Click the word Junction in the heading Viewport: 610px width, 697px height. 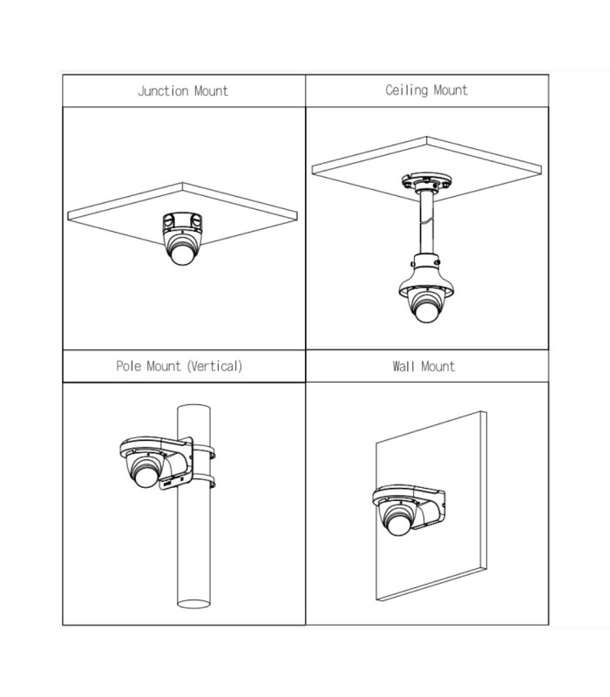(x=163, y=91)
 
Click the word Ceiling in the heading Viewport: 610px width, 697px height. (x=406, y=91)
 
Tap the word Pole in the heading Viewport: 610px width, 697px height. (x=129, y=366)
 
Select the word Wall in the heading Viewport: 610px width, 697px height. (x=403, y=366)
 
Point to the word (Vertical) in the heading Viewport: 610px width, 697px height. (x=214, y=366)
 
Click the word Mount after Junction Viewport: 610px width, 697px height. (x=211, y=91)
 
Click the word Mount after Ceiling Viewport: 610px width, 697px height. (x=451, y=91)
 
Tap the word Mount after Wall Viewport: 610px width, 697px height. (x=438, y=366)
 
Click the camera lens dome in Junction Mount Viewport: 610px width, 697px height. (x=182, y=254)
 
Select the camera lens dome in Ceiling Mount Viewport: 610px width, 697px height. (x=426, y=311)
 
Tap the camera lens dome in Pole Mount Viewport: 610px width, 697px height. (x=146, y=476)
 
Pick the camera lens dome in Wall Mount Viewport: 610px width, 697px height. (x=398, y=524)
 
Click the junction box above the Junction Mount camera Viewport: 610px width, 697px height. (x=182, y=222)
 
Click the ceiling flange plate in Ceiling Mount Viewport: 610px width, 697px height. (x=426, y=182)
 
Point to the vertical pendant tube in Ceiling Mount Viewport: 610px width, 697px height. (x=426, y=222)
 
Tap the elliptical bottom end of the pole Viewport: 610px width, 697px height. (x=193, y=604)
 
